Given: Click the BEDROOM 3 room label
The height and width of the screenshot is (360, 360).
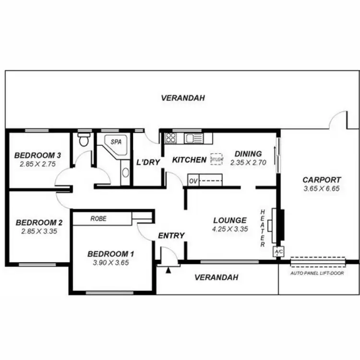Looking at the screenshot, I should click(x=37, y=156).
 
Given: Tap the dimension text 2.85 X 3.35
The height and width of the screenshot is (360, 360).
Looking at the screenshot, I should click(x=39, y=231).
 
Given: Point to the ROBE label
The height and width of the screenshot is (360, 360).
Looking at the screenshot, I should click(x=98, y=218).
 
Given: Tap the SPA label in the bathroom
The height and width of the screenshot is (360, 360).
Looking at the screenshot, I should click(x=116, y=143).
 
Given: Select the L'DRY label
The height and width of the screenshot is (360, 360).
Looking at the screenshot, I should click(x=148, y=162).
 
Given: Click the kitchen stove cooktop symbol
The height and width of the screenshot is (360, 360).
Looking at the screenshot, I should click(x=171, y=138).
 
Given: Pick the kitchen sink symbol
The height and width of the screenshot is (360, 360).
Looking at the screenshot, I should click(x=194, y=138).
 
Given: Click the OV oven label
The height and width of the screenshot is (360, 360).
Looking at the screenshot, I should click(x=193, y=181).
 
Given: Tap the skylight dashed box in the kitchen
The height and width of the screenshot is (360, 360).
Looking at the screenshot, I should click(x=216, y=159).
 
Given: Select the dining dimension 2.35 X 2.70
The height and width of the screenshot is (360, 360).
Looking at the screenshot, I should click(x=248, y=163).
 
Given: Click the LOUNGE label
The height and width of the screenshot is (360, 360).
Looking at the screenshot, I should click(x=230, y=220).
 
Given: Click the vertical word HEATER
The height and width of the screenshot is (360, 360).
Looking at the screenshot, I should click(x=263, y=228).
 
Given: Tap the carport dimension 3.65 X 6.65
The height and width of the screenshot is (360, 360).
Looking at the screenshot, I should click(x=321, y=189).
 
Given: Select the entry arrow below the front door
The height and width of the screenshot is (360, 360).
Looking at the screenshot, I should click(x=168, y=271).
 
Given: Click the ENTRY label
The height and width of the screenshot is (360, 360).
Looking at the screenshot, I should click(x=171, y=236).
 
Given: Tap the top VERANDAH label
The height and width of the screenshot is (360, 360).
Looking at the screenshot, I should click(x=183, y=98).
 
